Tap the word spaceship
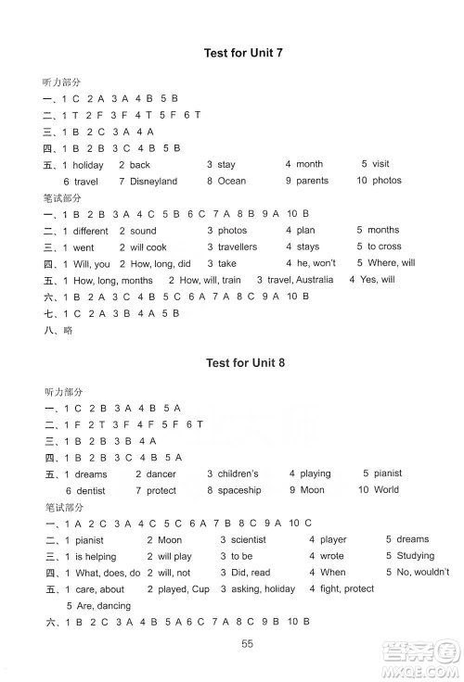pos(239,490)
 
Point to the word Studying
pos(414,556)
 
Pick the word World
pos(385,490)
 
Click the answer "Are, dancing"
pos(102,605)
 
